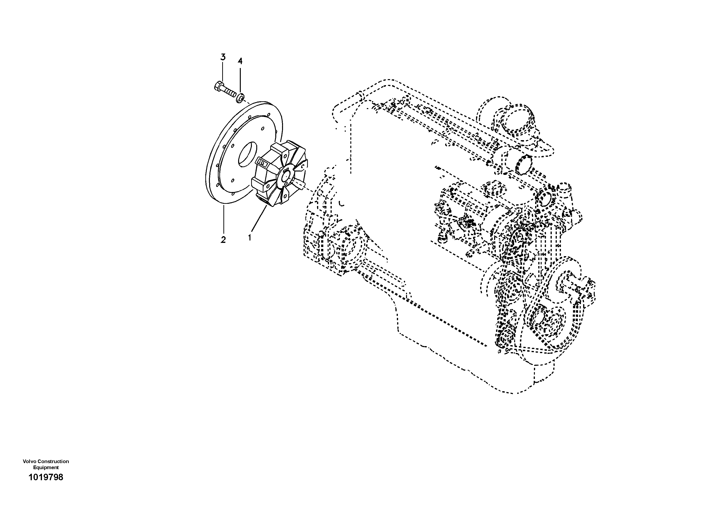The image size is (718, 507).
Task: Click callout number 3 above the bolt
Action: [223, 57]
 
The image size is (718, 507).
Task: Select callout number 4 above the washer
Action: [240, 61]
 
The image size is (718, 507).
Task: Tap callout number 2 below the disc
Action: [223, 240]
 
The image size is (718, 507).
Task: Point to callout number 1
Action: [249, 238]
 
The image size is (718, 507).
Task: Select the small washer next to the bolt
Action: [240, 97]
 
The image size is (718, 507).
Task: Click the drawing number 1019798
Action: [46, 477]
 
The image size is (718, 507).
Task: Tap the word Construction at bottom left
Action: [53, 461]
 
